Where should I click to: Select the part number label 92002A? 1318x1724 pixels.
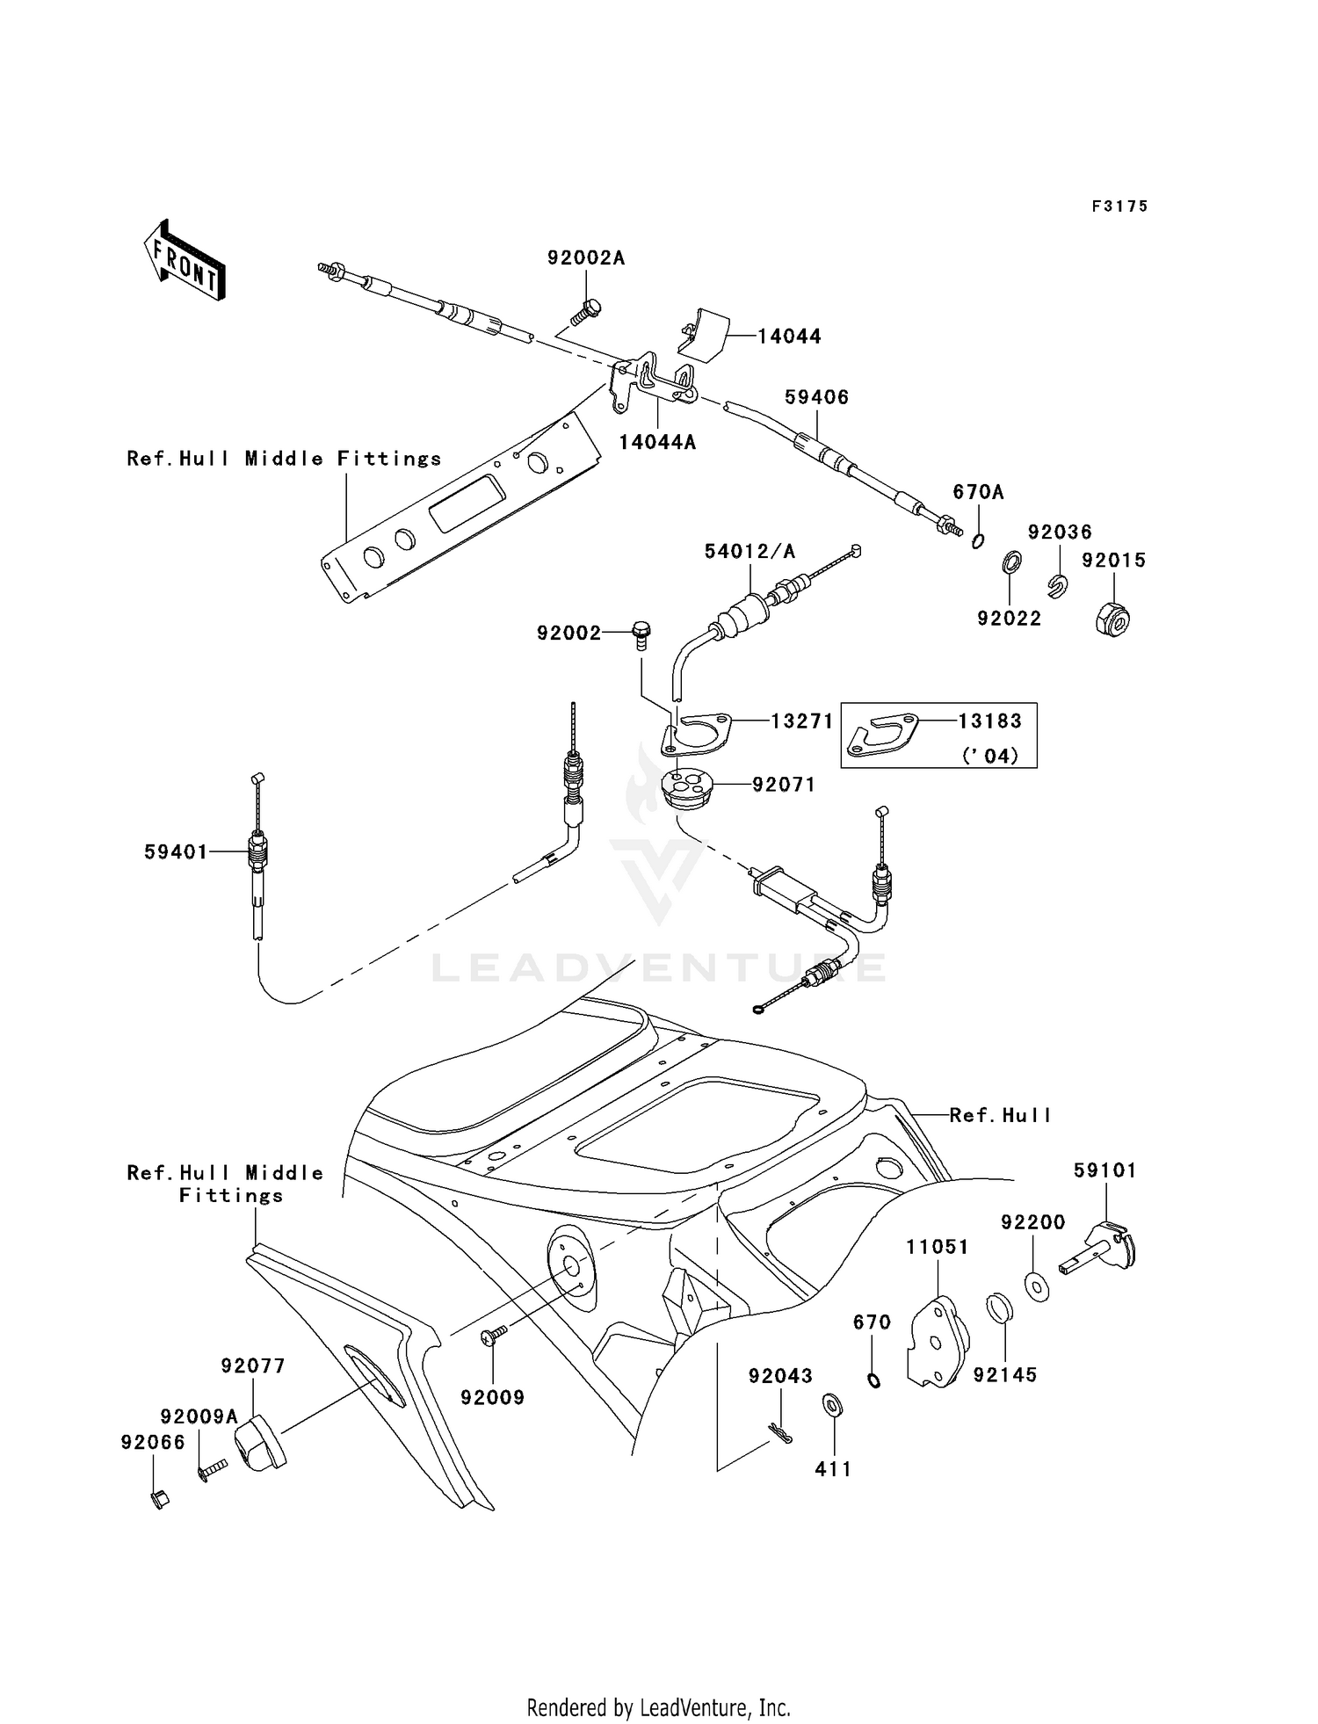tap(586, 257)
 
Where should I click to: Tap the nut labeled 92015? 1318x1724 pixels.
tap(1113, 619)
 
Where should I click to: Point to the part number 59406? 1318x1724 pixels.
tap(817, 397)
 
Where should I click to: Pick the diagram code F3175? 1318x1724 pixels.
tap(1120, 206)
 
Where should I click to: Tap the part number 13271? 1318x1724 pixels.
tap(802, 721)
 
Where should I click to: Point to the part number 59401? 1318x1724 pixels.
tap(176, 851)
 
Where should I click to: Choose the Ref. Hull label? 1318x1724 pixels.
tap(1001, 1115)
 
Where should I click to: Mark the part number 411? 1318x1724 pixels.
tap(833, 1468)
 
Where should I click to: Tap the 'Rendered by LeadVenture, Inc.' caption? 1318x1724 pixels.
tap(659, 1707)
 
